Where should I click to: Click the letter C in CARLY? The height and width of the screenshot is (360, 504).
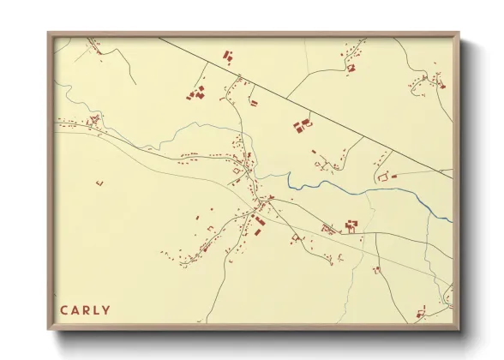[x=63, y=310]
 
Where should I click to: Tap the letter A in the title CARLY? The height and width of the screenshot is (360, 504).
[x=75, y=310]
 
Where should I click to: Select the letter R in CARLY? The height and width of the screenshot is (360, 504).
[x=87, y=310]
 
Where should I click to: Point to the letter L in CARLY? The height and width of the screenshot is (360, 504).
[x=98, y=310]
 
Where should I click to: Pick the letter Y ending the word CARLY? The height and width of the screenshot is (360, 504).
[x=108, y=310]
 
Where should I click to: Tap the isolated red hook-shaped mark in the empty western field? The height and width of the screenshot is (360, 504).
[x=99, y=182]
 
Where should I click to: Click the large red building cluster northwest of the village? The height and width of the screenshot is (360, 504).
[x=197, y=93]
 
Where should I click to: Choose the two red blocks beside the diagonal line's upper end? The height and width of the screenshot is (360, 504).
[x=229, y=57]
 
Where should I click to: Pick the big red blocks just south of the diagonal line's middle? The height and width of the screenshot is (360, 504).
[x=302, y=126]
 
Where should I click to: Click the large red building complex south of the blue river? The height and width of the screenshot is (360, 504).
[x=350, y=226]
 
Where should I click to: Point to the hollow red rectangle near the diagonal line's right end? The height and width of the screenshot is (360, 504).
[x=383, y=177]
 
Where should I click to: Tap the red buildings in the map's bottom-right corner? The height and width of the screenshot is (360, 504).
[x=422, y=312]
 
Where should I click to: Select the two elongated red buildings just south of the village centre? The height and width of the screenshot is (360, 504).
[x=257, y=225]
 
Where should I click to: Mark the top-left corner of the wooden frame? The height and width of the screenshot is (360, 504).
[x=49, y=34]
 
